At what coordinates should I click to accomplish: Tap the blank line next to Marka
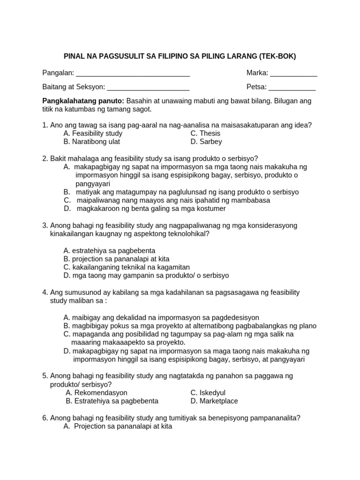[x=293, y=74]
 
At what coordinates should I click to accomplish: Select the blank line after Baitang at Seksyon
[x=148, y=88]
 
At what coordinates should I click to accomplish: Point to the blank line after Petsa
[x=292, y=88]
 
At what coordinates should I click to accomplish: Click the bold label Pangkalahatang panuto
[x=83, y=101]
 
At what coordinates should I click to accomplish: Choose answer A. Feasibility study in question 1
[x=93, y=133]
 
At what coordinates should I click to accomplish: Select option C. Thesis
[x=205, y=133]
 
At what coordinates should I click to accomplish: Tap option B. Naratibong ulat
[x=92, y=142]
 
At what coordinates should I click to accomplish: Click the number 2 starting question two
[x=45, y=158]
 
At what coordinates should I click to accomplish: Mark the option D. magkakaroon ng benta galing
[x=145, y=209]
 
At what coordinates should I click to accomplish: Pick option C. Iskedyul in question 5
[x=208, y=392]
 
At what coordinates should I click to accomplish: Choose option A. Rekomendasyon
[x=97, y=392]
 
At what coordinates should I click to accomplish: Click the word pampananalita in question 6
[x=276, y=418]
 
